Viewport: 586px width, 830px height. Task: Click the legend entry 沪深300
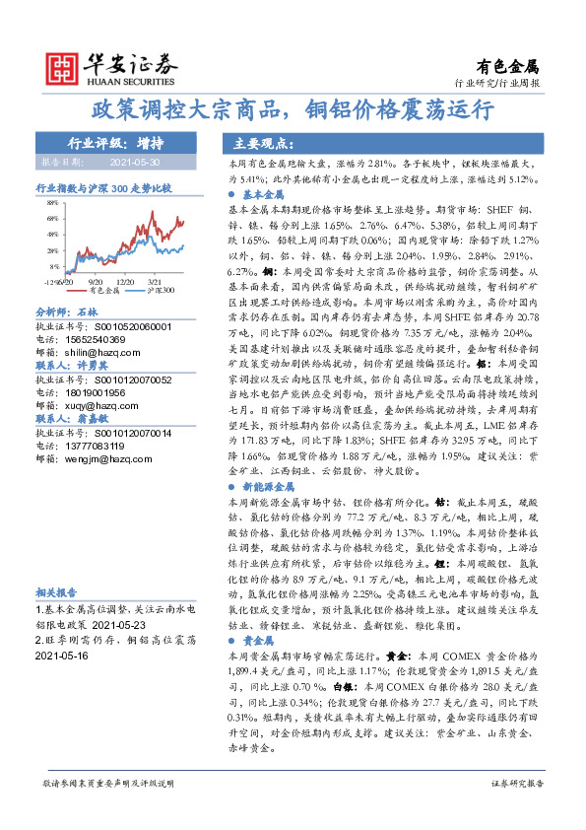coord(161,291)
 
